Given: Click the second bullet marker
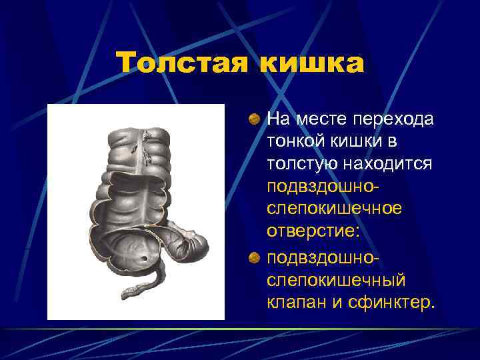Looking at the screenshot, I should tap(255, 257).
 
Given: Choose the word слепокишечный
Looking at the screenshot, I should tap(333, 279).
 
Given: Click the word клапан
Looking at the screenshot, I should tap(295, 303).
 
